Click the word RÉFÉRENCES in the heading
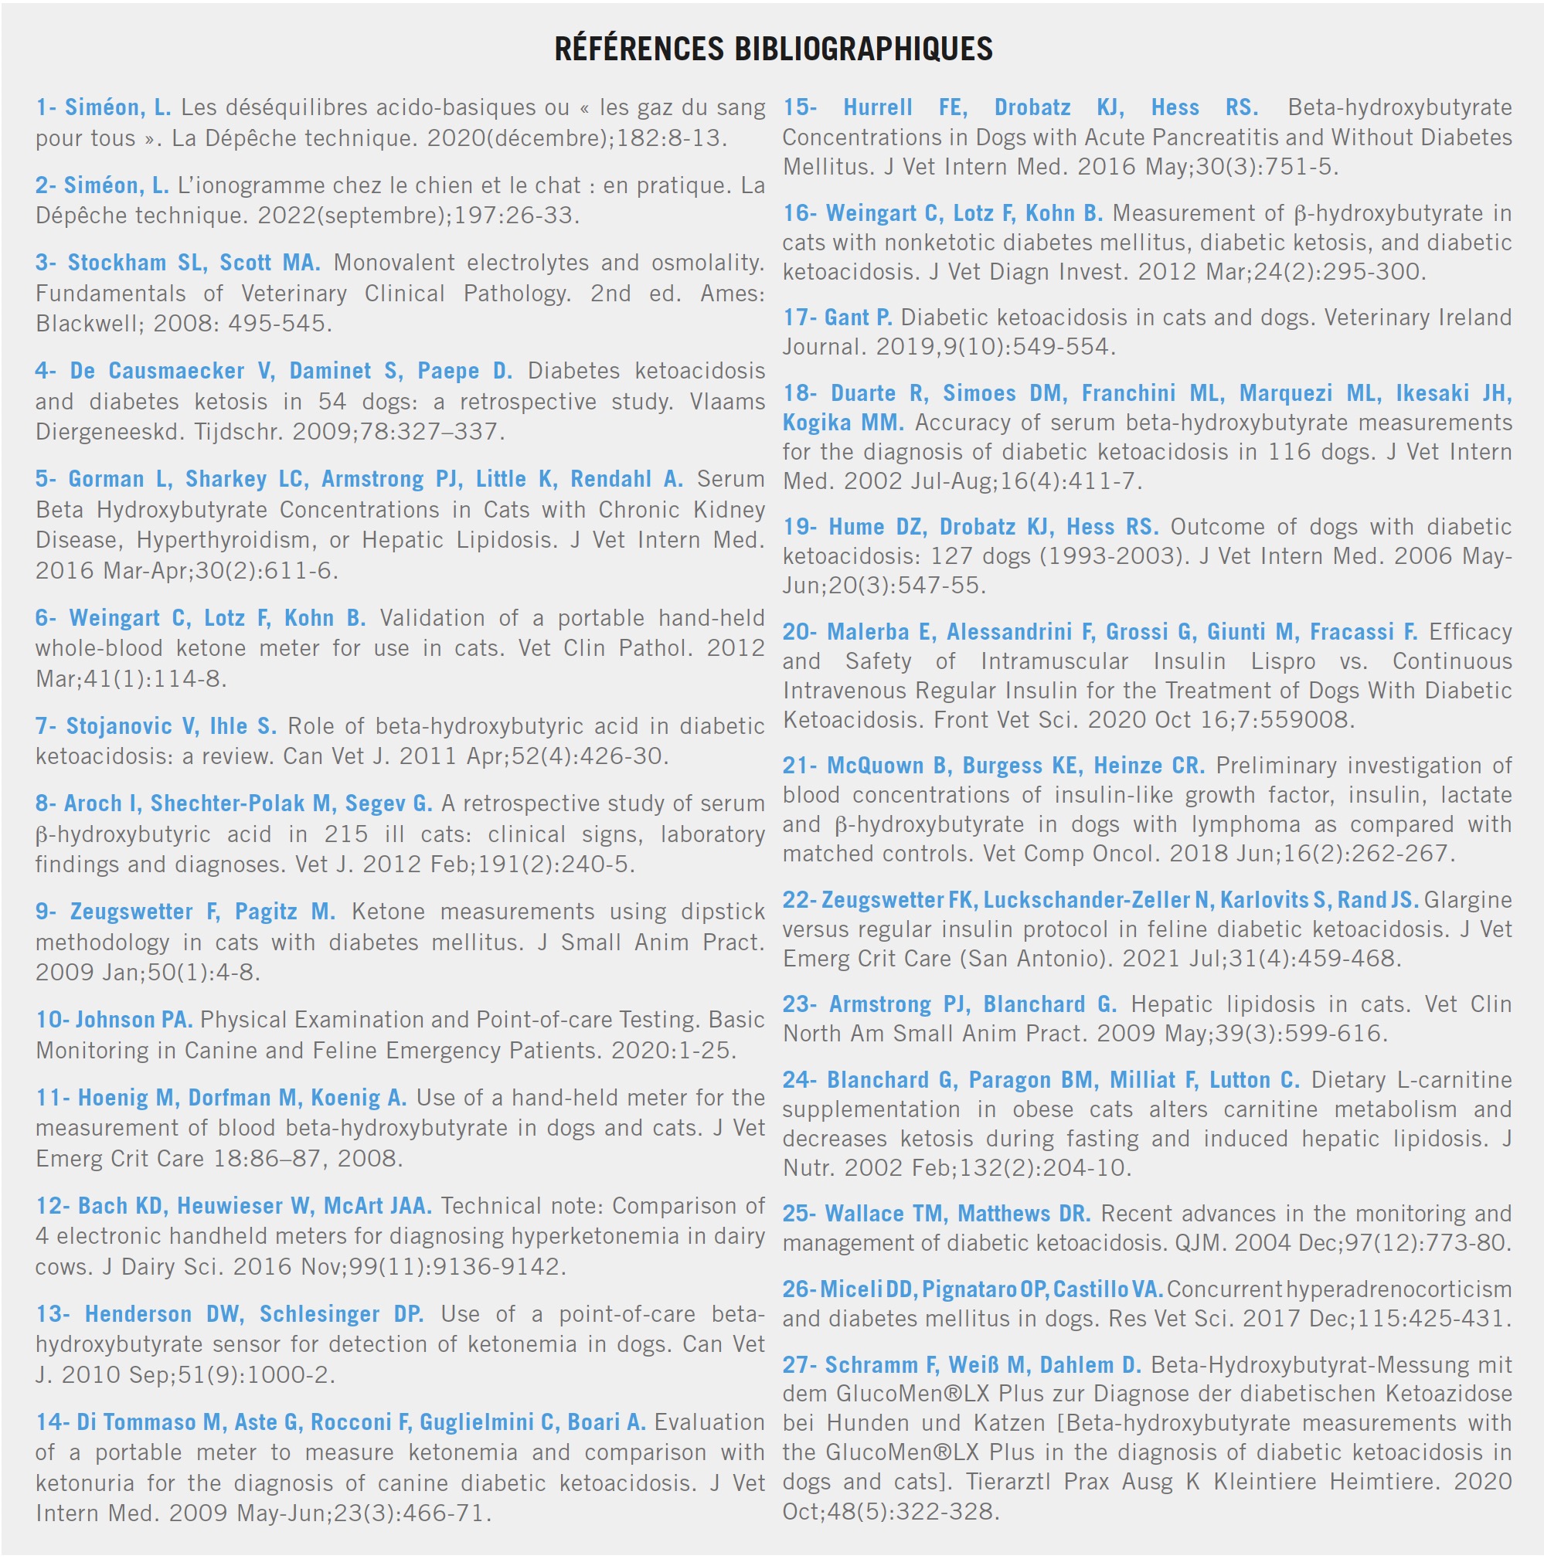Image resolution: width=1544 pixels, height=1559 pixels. point(638,49)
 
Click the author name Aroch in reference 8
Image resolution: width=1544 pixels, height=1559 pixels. point(91,803)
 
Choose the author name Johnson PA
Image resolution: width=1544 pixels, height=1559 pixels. point(134,1020)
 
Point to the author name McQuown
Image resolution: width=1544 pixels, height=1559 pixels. point(878,766)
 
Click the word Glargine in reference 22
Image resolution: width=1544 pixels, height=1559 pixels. point(1467,900)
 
